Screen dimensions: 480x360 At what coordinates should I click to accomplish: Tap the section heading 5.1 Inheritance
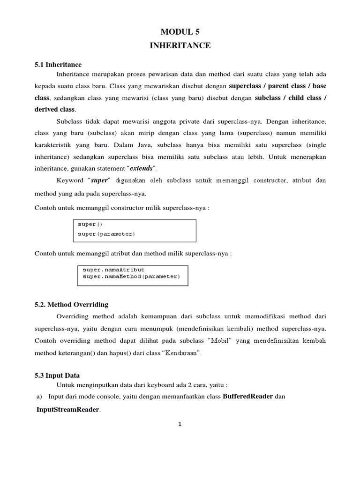pos(58,65)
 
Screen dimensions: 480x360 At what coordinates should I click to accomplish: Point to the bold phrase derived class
pos(54,109)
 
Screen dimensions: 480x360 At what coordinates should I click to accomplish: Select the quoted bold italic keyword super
pos(98,180)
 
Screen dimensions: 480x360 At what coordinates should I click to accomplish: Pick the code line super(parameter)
pos(106,233)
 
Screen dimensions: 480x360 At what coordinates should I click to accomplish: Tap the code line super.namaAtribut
pos(113,270)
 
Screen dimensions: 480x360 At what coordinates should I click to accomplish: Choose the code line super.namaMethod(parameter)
pos(131,277)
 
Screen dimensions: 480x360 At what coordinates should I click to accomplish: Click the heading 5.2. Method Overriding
pos(71,305)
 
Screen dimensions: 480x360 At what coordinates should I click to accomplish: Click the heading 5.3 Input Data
pos(57,375)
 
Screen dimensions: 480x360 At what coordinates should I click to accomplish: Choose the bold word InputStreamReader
pos(68,410)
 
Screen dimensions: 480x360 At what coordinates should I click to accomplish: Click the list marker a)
pos(39,397)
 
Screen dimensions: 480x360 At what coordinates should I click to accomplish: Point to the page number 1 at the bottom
pos(180,424)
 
